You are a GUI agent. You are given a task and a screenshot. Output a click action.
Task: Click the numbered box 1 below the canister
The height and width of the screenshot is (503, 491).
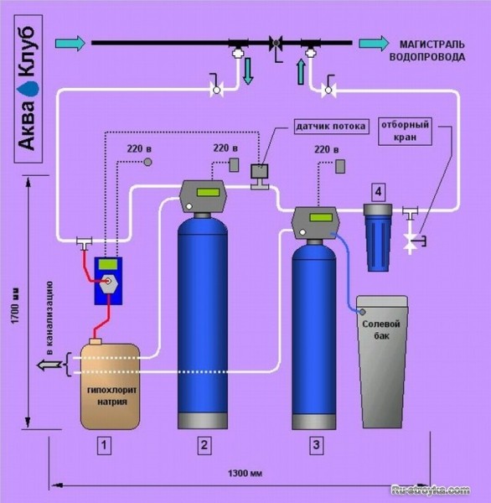click(x=104, y=446)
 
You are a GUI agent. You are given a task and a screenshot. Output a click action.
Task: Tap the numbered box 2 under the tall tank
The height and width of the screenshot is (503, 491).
click(x=204, y=445)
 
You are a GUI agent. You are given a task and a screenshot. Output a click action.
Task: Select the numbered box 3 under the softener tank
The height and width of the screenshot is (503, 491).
click(x=317, y=445)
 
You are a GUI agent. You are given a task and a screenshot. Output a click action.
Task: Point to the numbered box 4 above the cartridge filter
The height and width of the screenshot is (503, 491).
click(x=379, y=192)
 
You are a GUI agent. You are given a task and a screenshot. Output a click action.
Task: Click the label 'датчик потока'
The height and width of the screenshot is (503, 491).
click(x=331, y=127)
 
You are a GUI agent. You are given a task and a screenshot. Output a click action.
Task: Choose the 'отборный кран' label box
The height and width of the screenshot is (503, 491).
click(x=405, y=132)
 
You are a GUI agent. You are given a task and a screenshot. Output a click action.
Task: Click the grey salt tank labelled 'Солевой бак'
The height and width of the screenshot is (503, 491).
click(x=381, y=361)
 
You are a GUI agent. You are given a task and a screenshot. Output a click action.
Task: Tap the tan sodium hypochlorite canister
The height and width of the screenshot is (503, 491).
click(x=110, y=384)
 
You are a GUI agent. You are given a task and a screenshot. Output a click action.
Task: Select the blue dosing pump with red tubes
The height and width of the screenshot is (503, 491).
click(x=108, y=281)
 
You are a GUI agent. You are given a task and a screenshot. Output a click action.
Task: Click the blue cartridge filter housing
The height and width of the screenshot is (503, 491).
click(x=378, y=237)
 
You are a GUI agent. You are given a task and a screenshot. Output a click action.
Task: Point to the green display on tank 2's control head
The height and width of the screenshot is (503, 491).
click(x=208, y=193)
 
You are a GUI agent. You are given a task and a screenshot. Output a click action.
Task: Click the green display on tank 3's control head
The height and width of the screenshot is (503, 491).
click(x=321, y=218)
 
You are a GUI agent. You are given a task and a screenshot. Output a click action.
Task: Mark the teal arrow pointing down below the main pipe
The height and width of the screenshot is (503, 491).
click(x=248, y=71)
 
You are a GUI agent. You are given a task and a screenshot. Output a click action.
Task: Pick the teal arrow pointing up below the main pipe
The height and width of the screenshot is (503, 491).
click(x=301, y=72)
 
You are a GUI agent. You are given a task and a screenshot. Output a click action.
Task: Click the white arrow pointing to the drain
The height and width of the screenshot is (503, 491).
click(x=49, y=365)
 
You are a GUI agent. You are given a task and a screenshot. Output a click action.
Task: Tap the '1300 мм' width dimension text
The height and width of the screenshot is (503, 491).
click(x=245, y=473)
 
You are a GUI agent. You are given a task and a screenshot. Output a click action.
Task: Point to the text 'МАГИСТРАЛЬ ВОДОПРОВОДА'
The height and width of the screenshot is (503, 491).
click(x=426, y=50)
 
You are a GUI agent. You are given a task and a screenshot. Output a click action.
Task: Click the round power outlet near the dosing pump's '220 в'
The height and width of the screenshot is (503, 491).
click(x=147, y=162)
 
